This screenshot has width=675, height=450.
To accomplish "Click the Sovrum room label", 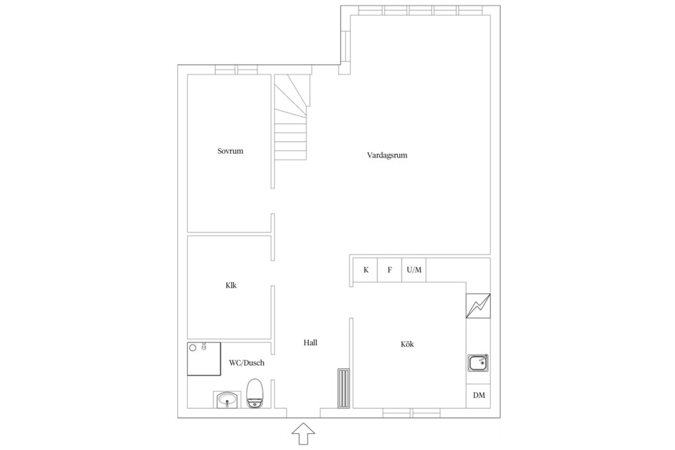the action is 231,151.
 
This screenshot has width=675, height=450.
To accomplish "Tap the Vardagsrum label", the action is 387,155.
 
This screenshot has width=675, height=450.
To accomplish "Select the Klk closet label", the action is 231,285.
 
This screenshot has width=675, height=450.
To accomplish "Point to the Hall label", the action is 310,343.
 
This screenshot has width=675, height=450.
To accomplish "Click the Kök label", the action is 407,344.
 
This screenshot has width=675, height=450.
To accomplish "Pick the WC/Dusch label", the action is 247,363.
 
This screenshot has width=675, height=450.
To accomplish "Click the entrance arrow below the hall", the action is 304,434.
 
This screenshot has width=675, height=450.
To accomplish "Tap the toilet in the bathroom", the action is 255,393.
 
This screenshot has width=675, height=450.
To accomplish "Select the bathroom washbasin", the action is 226,399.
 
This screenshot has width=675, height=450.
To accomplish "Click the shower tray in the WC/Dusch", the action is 204,359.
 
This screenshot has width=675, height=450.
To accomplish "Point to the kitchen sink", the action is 478,363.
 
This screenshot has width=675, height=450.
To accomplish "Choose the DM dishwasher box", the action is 478,395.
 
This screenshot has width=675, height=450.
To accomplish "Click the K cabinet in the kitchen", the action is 366,270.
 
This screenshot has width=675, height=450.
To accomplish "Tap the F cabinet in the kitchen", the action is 390,270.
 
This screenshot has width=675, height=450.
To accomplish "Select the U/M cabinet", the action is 414,270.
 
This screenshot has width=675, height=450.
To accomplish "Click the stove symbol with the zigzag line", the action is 478,306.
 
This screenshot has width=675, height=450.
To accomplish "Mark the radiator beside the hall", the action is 344,388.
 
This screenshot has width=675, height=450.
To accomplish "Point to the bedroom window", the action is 236,70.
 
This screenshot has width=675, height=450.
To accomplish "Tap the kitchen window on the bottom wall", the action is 411,413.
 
